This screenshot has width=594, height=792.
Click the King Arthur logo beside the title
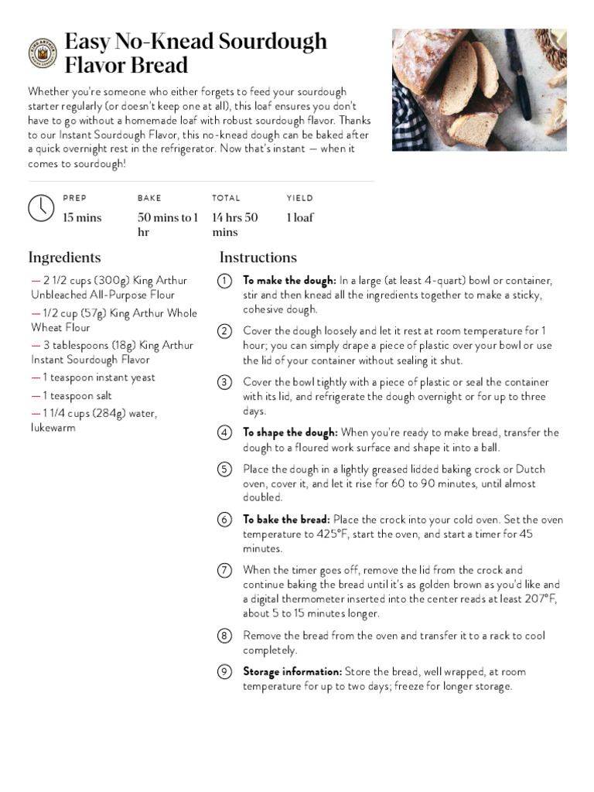pos(43,53)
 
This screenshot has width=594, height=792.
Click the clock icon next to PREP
pos(41,208)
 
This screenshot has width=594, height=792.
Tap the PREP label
pos(75,198)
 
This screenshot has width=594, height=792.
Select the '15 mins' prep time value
pos(82,217)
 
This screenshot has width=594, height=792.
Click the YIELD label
pos(299,198)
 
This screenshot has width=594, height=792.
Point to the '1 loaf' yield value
pos(300,217)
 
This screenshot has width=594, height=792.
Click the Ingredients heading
pos(64,258)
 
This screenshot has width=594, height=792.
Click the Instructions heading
pos(258,258)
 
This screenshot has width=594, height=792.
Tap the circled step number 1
pos(224,281)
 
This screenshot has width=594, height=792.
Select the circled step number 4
pos(224,432)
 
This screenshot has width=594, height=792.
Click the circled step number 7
pos(224,570)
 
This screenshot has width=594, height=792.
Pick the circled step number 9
pos(224,671)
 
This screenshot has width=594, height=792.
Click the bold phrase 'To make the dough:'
pos(289,281)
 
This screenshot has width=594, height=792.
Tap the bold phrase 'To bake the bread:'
pos(286,520)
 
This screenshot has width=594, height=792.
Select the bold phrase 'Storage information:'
pos(292,671)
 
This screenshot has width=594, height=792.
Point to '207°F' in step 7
pos(539,599)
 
